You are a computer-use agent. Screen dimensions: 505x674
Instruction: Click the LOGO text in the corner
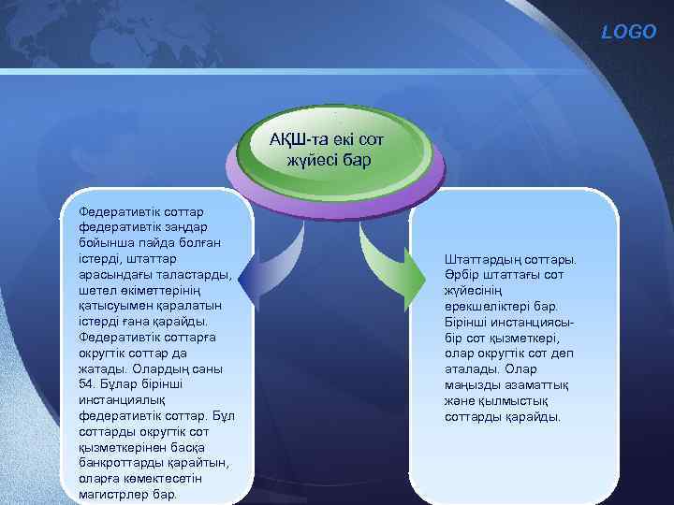(636, 32)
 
